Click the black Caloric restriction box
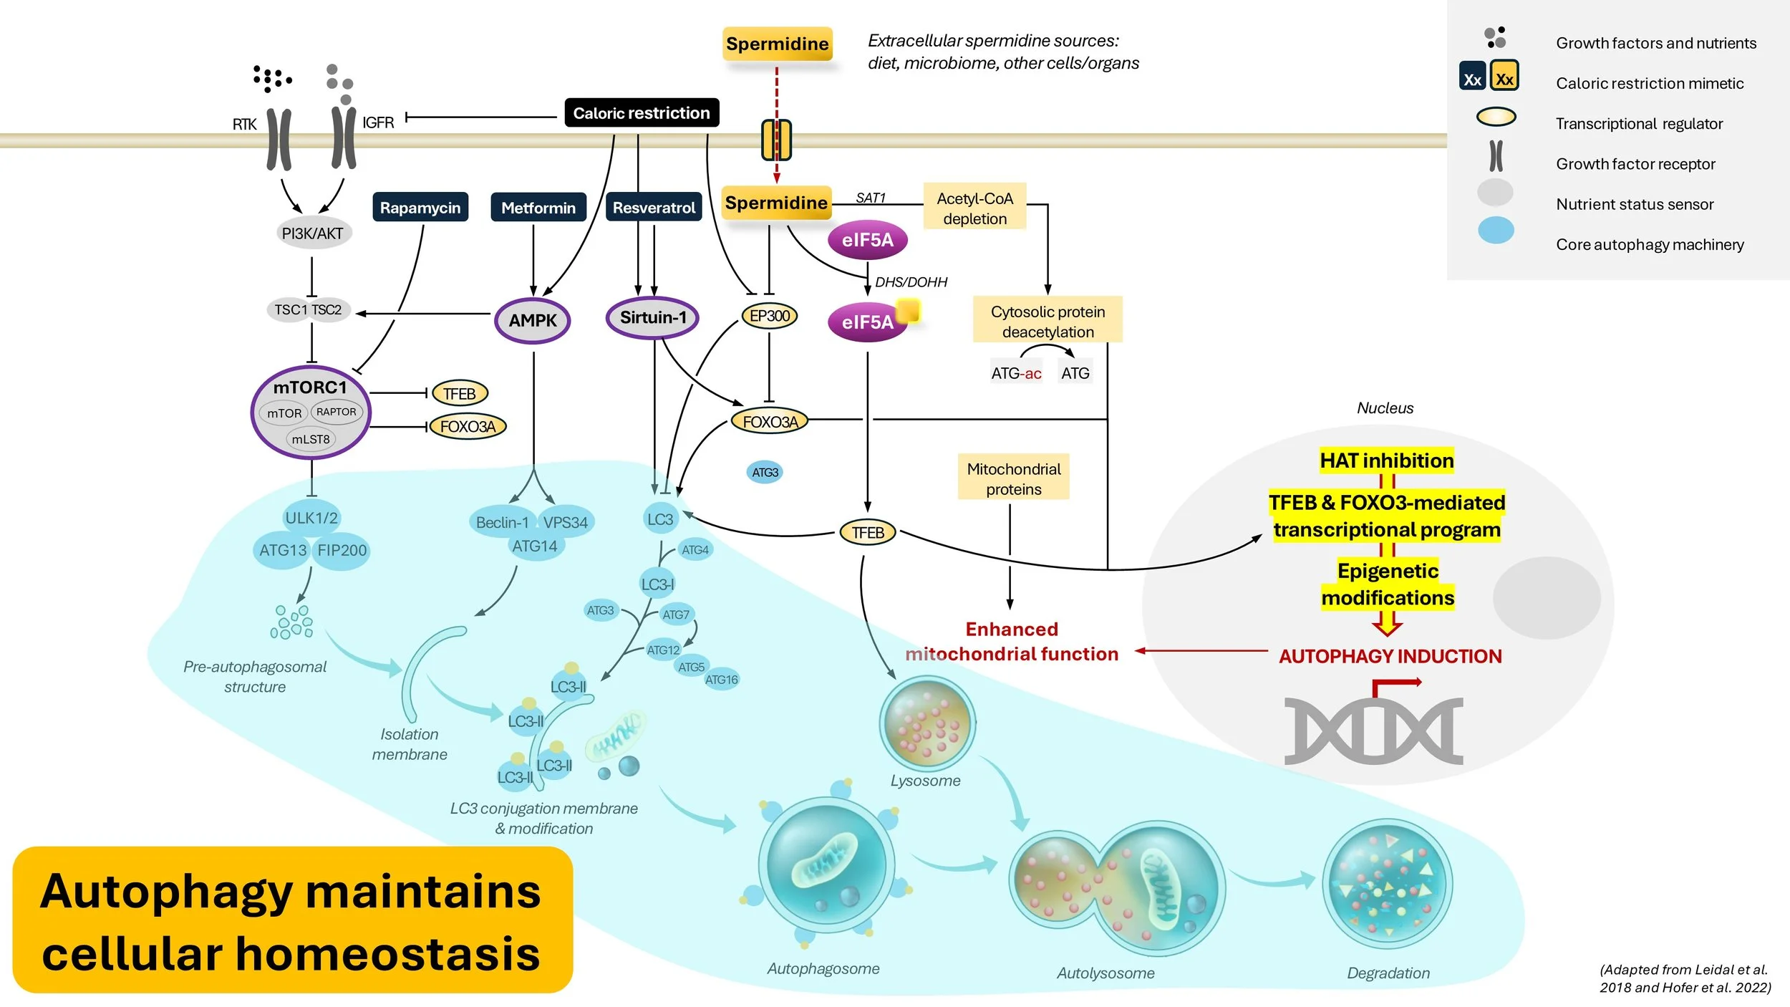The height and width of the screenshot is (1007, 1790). pos(642,112)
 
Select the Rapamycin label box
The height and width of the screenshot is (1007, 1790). pos(420,207)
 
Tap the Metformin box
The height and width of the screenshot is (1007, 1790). pos(538,207)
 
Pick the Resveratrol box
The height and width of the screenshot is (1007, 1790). pos(654,207)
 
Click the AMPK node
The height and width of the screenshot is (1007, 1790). pos(533,320)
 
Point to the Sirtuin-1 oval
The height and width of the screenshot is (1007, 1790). pos(652,317)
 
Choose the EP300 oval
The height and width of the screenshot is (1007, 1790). pos(770,316)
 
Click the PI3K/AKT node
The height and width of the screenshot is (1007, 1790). pos(313,233)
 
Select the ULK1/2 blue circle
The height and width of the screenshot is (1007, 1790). pos(311,517)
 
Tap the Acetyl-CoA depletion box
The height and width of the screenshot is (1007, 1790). pos(974,208)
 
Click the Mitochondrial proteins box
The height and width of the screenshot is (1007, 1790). pos(1013,478)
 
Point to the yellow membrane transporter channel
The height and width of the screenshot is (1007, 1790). pos(776,140)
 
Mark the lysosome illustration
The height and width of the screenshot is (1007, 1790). pos(927,723)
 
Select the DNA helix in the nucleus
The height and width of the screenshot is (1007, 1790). pos(1373,731)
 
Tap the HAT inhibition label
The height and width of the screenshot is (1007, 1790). pos(1387,461)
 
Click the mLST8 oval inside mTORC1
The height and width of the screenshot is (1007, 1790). pos(311,439)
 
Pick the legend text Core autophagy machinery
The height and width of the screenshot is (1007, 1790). pos(1650,244)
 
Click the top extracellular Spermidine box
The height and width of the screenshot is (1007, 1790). pos(778,44)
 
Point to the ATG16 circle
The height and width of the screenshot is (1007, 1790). pos(721,680)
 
